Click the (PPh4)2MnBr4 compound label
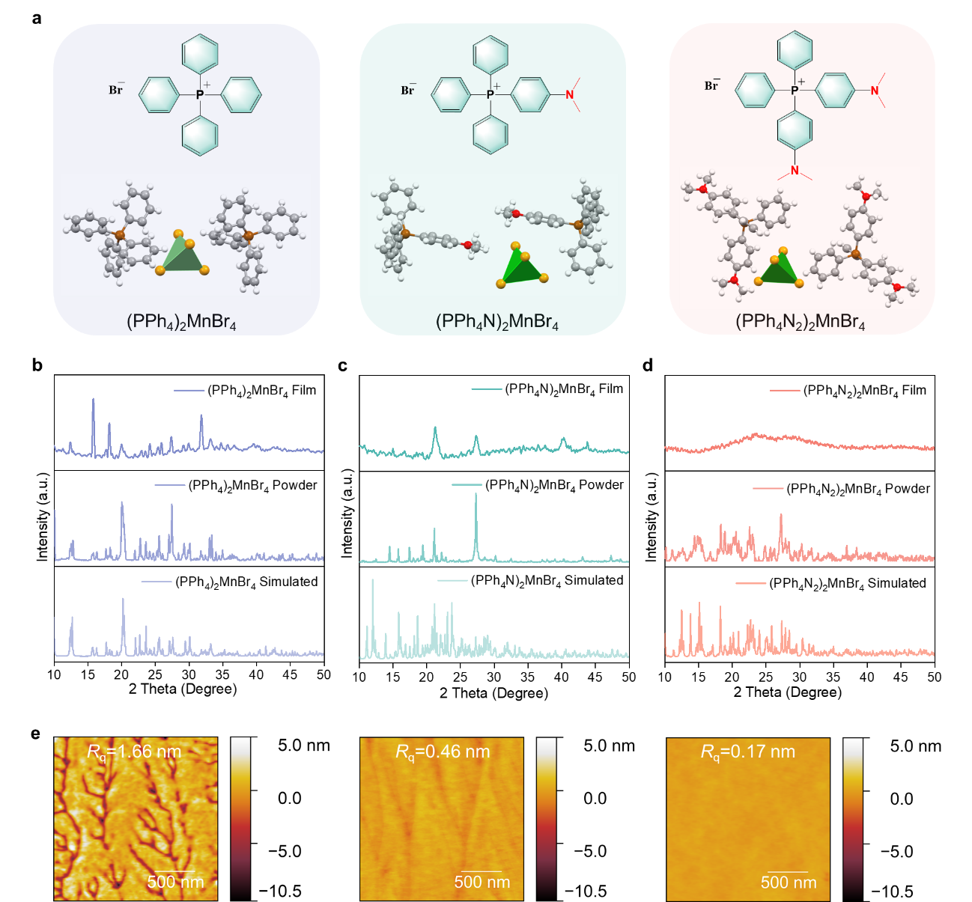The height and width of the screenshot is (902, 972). click(181, 322)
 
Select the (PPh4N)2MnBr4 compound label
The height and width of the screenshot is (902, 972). click(497, 322)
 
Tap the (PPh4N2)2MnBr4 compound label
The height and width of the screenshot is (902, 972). click(800, 322)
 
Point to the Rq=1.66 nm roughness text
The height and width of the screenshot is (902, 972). click(135, 752)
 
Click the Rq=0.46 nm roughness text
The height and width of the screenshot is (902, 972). click(443, 752)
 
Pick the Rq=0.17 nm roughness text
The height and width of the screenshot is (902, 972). click(748, 752)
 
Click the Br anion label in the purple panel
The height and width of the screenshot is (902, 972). click(116, 90)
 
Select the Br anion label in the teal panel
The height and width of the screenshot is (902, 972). click(408, 90)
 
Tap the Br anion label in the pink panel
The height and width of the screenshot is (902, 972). click(711, 85)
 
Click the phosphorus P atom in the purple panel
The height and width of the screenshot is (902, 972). click(199, 95)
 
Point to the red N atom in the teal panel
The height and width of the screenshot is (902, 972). click(569, 94)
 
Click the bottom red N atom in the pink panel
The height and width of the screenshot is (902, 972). click(795, 171)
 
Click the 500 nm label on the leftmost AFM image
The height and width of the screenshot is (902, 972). click(175, 882)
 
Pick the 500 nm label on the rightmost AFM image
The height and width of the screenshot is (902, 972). click(789, 883)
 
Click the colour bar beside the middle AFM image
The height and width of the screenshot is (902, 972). click(547, 818)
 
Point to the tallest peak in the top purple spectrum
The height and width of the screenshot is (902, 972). click(94, 400)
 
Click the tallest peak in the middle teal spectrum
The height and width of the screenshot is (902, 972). click(476, 496)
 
